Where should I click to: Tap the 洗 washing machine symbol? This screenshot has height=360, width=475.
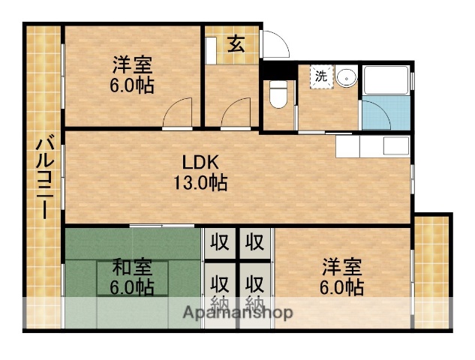pos(321,76)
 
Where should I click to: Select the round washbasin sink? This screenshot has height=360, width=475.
pos(346,77)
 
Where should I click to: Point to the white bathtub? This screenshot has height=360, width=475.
pos(386,80)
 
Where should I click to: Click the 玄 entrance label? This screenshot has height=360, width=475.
pos(236,43)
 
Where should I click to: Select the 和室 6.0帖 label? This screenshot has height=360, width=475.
pos(134,277)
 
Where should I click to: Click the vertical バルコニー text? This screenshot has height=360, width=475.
pos(44,177)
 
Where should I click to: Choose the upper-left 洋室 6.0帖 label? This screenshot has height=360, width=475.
pos(134,74)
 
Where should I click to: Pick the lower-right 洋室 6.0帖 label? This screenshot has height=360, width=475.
pos(344,277)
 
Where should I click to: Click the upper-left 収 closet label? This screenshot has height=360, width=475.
pos(219,243)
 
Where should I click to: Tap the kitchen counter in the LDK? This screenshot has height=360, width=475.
pos(372,145)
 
